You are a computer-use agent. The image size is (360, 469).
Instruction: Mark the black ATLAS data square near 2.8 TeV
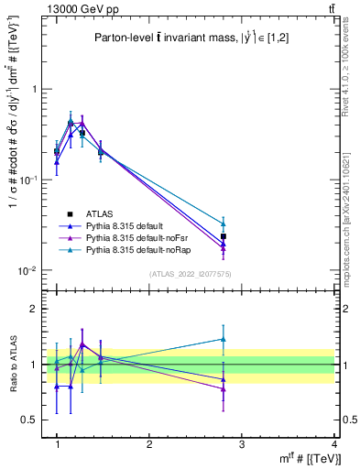pos(223,236)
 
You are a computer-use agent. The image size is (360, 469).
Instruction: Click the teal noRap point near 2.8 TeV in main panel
pos(223,224)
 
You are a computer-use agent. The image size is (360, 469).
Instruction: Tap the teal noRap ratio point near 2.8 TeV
pos(223,339)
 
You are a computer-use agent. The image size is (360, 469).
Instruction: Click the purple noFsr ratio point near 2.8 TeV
pos(223,388)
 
